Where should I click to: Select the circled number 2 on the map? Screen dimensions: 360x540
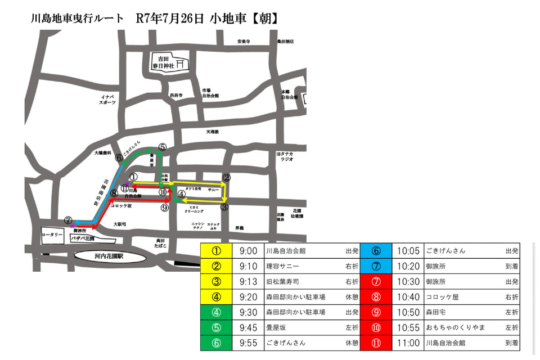click(x=226, y=177)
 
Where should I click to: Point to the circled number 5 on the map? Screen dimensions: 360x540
click(x=163, y=147)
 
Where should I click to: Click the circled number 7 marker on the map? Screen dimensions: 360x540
click(x=69, y=220)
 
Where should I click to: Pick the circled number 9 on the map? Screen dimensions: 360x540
click(x=164, y=208)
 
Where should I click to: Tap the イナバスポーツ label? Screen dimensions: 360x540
click(x=107, y=100)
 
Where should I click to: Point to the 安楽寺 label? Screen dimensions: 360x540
click(x=243, y=42)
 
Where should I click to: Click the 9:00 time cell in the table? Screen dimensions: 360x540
click(x=248, y=250)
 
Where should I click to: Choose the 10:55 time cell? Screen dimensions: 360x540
click(x=408, y=327)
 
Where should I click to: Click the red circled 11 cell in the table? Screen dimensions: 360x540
click(x=376, y=342)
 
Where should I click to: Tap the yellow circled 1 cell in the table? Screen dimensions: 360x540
click(x=215, y=250)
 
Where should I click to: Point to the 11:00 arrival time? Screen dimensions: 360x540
click(x=408, y=342)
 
